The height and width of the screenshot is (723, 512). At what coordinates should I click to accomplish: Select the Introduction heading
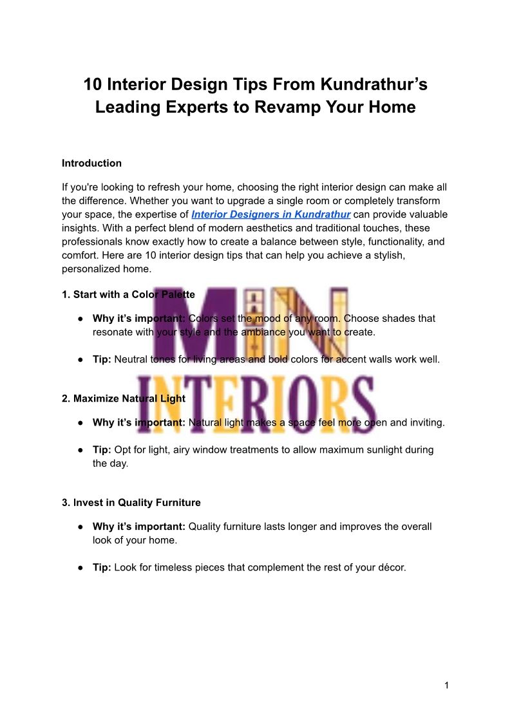(x=91, y=164)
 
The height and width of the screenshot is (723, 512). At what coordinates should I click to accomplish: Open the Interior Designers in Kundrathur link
(x=270, y=214)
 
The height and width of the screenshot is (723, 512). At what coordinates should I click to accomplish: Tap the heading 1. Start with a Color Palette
(x=128, y=295)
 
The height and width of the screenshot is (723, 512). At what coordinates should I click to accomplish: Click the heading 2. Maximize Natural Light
(x=124, y=399)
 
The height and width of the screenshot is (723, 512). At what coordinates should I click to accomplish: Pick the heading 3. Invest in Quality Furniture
(x=131, y=503)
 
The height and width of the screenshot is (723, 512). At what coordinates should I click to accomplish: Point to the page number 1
(x=446, y=686)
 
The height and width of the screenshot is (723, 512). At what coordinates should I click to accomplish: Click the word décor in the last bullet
(x=389, y=568)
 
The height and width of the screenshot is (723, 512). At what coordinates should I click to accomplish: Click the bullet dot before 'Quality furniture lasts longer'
(x=80, y=527)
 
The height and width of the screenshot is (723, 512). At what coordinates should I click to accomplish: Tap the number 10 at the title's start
(x=93, y=84)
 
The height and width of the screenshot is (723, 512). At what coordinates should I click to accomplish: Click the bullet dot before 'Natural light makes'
(x=80, y=423)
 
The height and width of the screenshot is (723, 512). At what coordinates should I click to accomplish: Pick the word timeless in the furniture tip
(x=173, y=568)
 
